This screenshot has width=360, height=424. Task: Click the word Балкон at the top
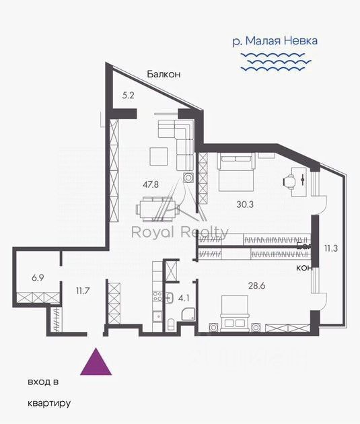point(165,75)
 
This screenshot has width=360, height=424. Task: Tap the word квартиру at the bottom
point(49,404)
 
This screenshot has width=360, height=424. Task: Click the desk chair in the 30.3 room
point(291,180)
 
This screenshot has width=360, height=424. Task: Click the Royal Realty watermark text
point(178,234)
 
